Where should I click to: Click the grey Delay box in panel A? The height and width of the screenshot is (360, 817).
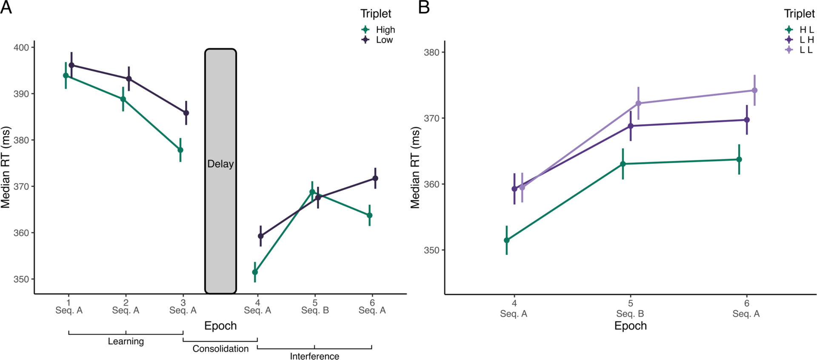[x=220, y=171]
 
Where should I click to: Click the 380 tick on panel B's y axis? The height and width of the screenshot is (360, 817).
[x=431, y=52]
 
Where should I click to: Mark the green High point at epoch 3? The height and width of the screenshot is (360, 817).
[x=180, y=150]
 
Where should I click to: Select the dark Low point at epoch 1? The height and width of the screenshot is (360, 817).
[x=71, y=65]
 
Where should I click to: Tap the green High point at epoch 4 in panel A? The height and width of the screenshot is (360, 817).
[x=255, y=272]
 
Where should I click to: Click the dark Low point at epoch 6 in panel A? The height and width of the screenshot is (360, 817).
[x=375, y=178]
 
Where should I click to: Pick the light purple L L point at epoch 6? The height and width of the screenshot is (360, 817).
[x=754, y=90]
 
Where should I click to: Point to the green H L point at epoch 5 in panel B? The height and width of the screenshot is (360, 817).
[x=623, y=164]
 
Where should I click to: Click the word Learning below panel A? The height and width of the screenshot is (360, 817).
[x=126, y=341]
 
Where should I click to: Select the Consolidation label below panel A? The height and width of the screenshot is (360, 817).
[x=220, y=349]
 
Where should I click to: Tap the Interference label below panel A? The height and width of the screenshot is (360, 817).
[x=314, y=356]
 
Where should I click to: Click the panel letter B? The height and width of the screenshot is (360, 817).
[x=424, y=7]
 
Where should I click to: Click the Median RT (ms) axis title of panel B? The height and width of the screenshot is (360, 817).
[x=415, y=168]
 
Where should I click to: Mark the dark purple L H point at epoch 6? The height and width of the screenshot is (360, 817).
[x=747, y=120]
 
